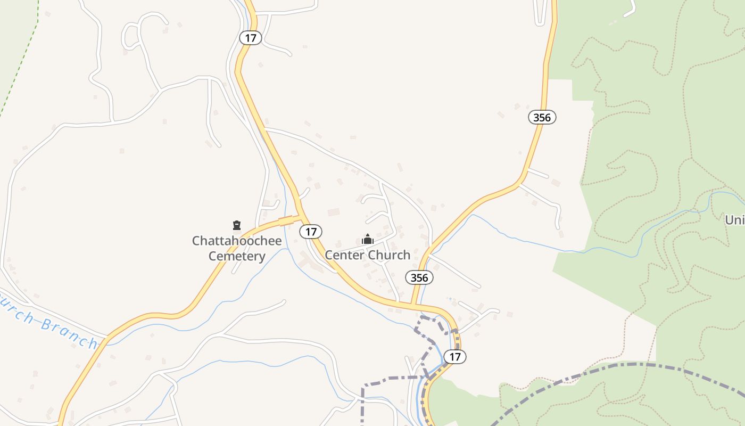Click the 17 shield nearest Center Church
point(311,231)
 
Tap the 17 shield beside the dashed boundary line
point(454,356)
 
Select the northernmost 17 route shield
point(250,38)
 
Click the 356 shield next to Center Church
point(419,277)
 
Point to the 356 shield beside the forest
point(542,117)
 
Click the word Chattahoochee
point(237,241)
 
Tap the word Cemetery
point(237,256)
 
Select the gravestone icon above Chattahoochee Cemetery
point(237,225)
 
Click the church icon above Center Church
point(367,240)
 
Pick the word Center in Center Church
point(345,255)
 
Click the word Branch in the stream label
point(69,332)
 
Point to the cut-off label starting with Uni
point(734,219)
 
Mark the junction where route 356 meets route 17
point(413,305)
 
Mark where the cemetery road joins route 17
point(301,217)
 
